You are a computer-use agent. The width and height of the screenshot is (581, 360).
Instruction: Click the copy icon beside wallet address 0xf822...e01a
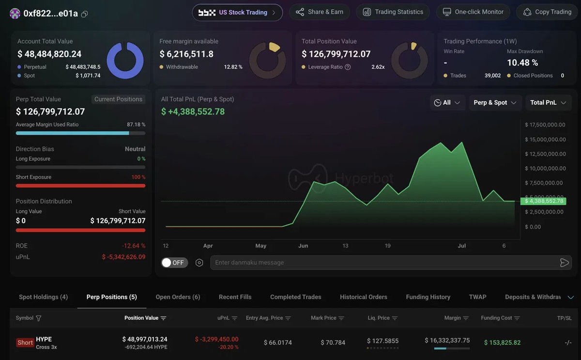coord(85,14)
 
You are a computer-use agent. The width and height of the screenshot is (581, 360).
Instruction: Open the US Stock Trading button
coord(237,13)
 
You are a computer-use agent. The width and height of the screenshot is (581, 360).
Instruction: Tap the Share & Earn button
coord(320,12)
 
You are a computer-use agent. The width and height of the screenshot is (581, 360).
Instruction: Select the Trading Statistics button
coord(393,12)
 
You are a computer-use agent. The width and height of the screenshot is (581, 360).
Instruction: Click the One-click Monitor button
coord(473,12)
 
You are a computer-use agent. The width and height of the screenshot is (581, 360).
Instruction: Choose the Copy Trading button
coord(547,12)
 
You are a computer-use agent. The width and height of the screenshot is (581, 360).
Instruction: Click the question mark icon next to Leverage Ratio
coord(348,67)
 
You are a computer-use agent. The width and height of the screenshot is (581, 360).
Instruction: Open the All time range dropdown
coord(447,103)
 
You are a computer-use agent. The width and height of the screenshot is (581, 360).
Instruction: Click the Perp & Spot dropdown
coord(495,103)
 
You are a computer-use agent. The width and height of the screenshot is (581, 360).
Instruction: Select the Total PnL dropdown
coord(548,103)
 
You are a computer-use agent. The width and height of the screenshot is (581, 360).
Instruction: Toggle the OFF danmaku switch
coord(174,263)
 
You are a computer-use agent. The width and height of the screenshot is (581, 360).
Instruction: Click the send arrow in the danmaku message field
coord(564,263)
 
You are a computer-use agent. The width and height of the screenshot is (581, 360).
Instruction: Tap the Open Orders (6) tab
coord(178,297)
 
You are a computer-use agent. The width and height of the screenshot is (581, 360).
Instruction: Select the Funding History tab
coord(428,297)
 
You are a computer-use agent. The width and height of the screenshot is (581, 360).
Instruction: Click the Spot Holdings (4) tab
coord(43,297)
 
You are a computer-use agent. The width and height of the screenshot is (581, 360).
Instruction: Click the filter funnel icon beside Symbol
coord(38,318)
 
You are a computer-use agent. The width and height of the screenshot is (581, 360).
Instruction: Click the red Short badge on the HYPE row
coord(25,343)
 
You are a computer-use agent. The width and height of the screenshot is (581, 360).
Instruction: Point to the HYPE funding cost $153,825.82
coord(502,343)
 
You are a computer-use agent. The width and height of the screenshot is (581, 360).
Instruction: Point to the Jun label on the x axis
coord(303,246)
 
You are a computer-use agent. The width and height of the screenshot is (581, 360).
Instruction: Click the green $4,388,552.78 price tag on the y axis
coord(543,201)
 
